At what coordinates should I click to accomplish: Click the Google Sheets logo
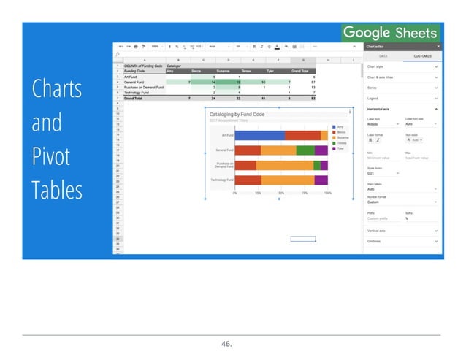pos(390,32)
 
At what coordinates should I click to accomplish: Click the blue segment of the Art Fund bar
pos(259,135)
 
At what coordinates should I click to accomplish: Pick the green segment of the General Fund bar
pos(305,150)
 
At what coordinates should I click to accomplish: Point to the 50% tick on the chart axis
pos(281,194)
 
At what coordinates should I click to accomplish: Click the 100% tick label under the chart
pos(327,194)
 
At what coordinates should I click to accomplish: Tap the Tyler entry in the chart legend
pos(340,148)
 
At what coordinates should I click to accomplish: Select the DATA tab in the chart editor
pos(382,55)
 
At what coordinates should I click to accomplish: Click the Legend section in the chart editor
pos(374,98)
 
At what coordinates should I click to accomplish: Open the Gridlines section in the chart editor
pos(374,241)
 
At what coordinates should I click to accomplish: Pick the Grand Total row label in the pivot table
pos(134,98)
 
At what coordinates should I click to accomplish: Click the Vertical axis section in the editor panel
pos(377,231)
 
